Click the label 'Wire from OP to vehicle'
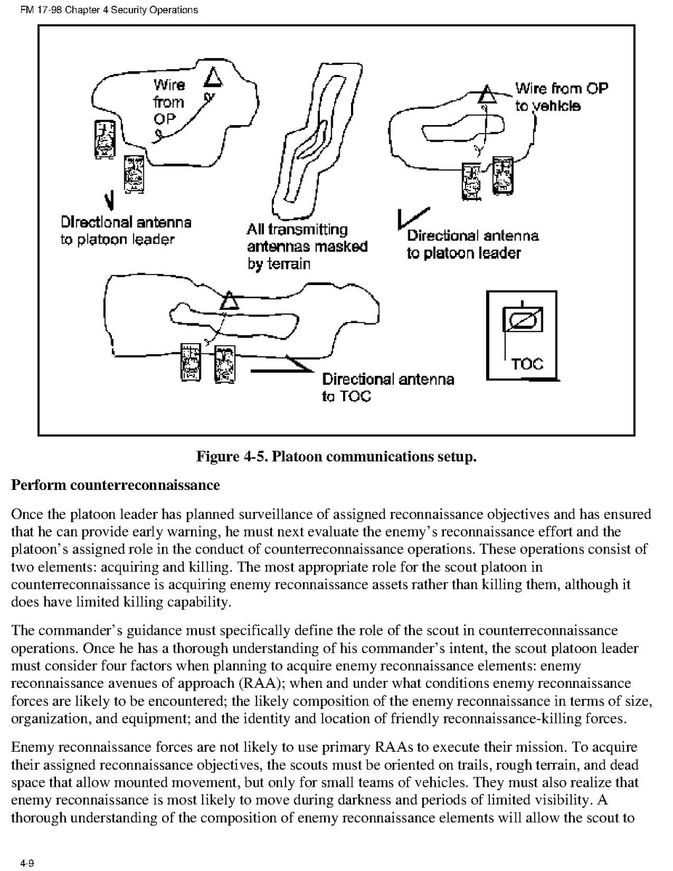tap(560, 97)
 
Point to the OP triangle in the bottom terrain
tap(230, 300)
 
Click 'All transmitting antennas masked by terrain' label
tap(306, 246)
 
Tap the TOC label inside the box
tap(527, 364)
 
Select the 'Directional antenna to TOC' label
tap(387, 387)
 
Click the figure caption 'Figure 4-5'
tap(336, 457)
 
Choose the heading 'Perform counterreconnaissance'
tap(115, 484)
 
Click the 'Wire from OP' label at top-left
tap(169, 102)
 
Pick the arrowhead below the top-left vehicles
tap(109, 198)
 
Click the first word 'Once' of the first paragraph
tap(27, 514)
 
